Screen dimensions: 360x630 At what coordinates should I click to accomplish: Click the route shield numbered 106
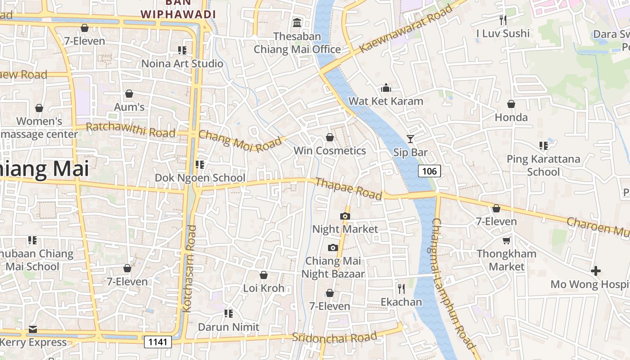tap(429, 171)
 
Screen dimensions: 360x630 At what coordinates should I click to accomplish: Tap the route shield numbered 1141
tap(158, 342)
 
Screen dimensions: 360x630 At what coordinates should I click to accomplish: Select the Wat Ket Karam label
tap(386, 101)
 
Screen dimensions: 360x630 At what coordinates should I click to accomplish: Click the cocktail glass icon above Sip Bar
tap(410, 139)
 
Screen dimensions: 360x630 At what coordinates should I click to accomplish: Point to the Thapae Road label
tap(349, 189)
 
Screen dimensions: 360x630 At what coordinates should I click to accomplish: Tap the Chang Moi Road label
tap(240, 141)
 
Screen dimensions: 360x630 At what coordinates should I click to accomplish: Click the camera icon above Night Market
tap(345, 216)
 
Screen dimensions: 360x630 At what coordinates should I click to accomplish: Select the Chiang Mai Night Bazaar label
tap(333, 267)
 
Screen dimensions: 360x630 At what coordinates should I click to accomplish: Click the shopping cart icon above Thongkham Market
tap(507, 240)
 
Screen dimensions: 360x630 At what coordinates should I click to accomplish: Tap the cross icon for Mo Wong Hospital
tap(596, 271)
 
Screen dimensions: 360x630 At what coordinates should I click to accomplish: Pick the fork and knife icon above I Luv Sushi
tap(503, 20)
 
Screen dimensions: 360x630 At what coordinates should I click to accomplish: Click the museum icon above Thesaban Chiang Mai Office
tap(297, 22)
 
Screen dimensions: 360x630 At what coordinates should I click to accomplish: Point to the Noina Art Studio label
tap(182, 63)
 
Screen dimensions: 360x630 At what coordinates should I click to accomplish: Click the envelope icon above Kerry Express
tap(33, 329)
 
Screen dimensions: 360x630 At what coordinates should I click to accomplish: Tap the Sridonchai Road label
tap(334, 337)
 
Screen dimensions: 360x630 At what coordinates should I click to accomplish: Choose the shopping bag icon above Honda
tap(511, 104)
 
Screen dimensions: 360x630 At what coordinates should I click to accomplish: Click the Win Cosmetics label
tap(329, 150)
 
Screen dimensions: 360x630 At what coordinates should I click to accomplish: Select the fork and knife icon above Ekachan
tap(401, 288)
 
